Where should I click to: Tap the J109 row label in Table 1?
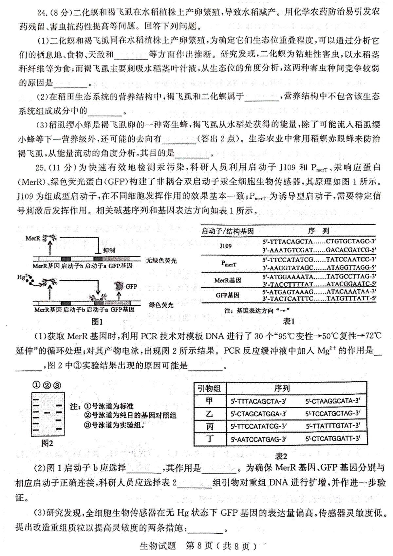pyautogui.click(x=225, y=246)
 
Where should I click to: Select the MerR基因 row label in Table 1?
pyautogui.click(x=228, y=280)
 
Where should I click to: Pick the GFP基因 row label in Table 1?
pyautogui.click(x=228, y=295)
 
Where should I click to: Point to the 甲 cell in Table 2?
pyautogui.click(x=210, y=401)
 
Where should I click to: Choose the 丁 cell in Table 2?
pyautogui.click(x=210, y=439)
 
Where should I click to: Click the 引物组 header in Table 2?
pyautogui.click(x=210, y=388)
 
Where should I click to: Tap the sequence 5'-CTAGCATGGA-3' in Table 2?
pyautogui.click(x=258, y=414)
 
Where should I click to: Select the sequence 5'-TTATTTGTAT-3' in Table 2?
pyautogui.click(x=333, y=426)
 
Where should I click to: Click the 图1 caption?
pyautogui.click(x=97, y=322)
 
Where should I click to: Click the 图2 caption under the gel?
pyautogui.click(x=47, y=443)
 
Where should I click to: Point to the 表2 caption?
pyautogui.click(x=281, y=456)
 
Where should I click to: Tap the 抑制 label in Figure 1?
pyautogui.click(x=109, y=251)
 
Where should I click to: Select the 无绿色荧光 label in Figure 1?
pyautogui.click(x=161, y=260)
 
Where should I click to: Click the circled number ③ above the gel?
pyautogui.click(x=57, y=385)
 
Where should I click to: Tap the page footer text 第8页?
pyautogui.click(x=199, y=546)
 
